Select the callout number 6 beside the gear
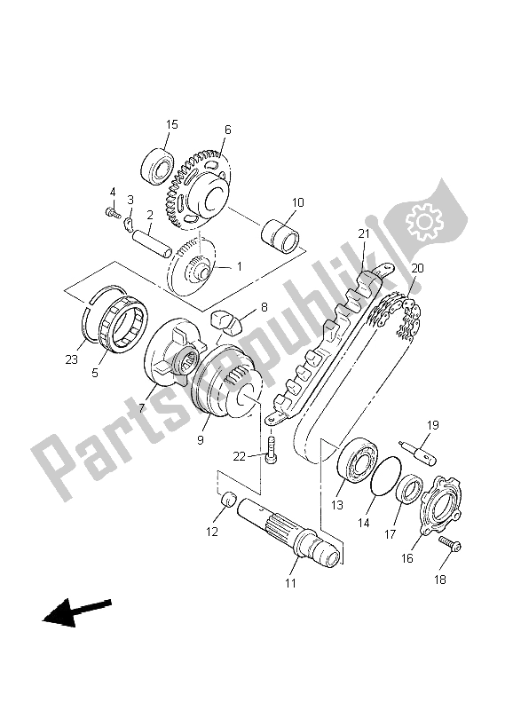(x=227, y=130)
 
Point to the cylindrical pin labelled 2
(x=150, y=240)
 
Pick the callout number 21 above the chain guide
(x=363, y=233)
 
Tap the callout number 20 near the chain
(x=417, y=268)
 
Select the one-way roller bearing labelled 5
(x=122, y=322)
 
